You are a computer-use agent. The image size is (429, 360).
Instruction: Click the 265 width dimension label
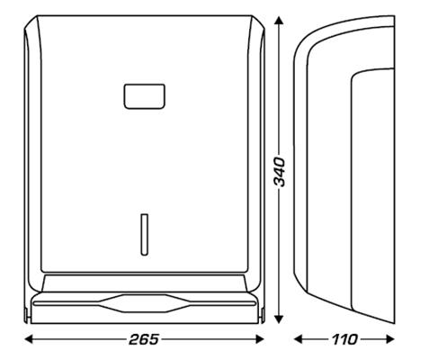tap(144, 339)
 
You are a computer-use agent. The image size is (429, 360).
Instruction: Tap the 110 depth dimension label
tap(344, 339)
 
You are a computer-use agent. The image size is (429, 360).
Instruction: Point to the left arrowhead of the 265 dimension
tap(26, 339)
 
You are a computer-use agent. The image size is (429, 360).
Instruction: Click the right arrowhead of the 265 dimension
tap(264, 339)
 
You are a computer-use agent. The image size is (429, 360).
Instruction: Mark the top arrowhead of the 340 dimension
tap(280, 19)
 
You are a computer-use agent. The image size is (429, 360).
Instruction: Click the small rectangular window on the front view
tap(144, 94)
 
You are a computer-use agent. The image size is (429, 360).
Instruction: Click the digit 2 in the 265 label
tap(131, 339)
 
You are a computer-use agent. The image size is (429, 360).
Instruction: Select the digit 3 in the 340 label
tap(280, 182)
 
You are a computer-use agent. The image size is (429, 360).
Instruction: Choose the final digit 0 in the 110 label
tap(353, 339)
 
